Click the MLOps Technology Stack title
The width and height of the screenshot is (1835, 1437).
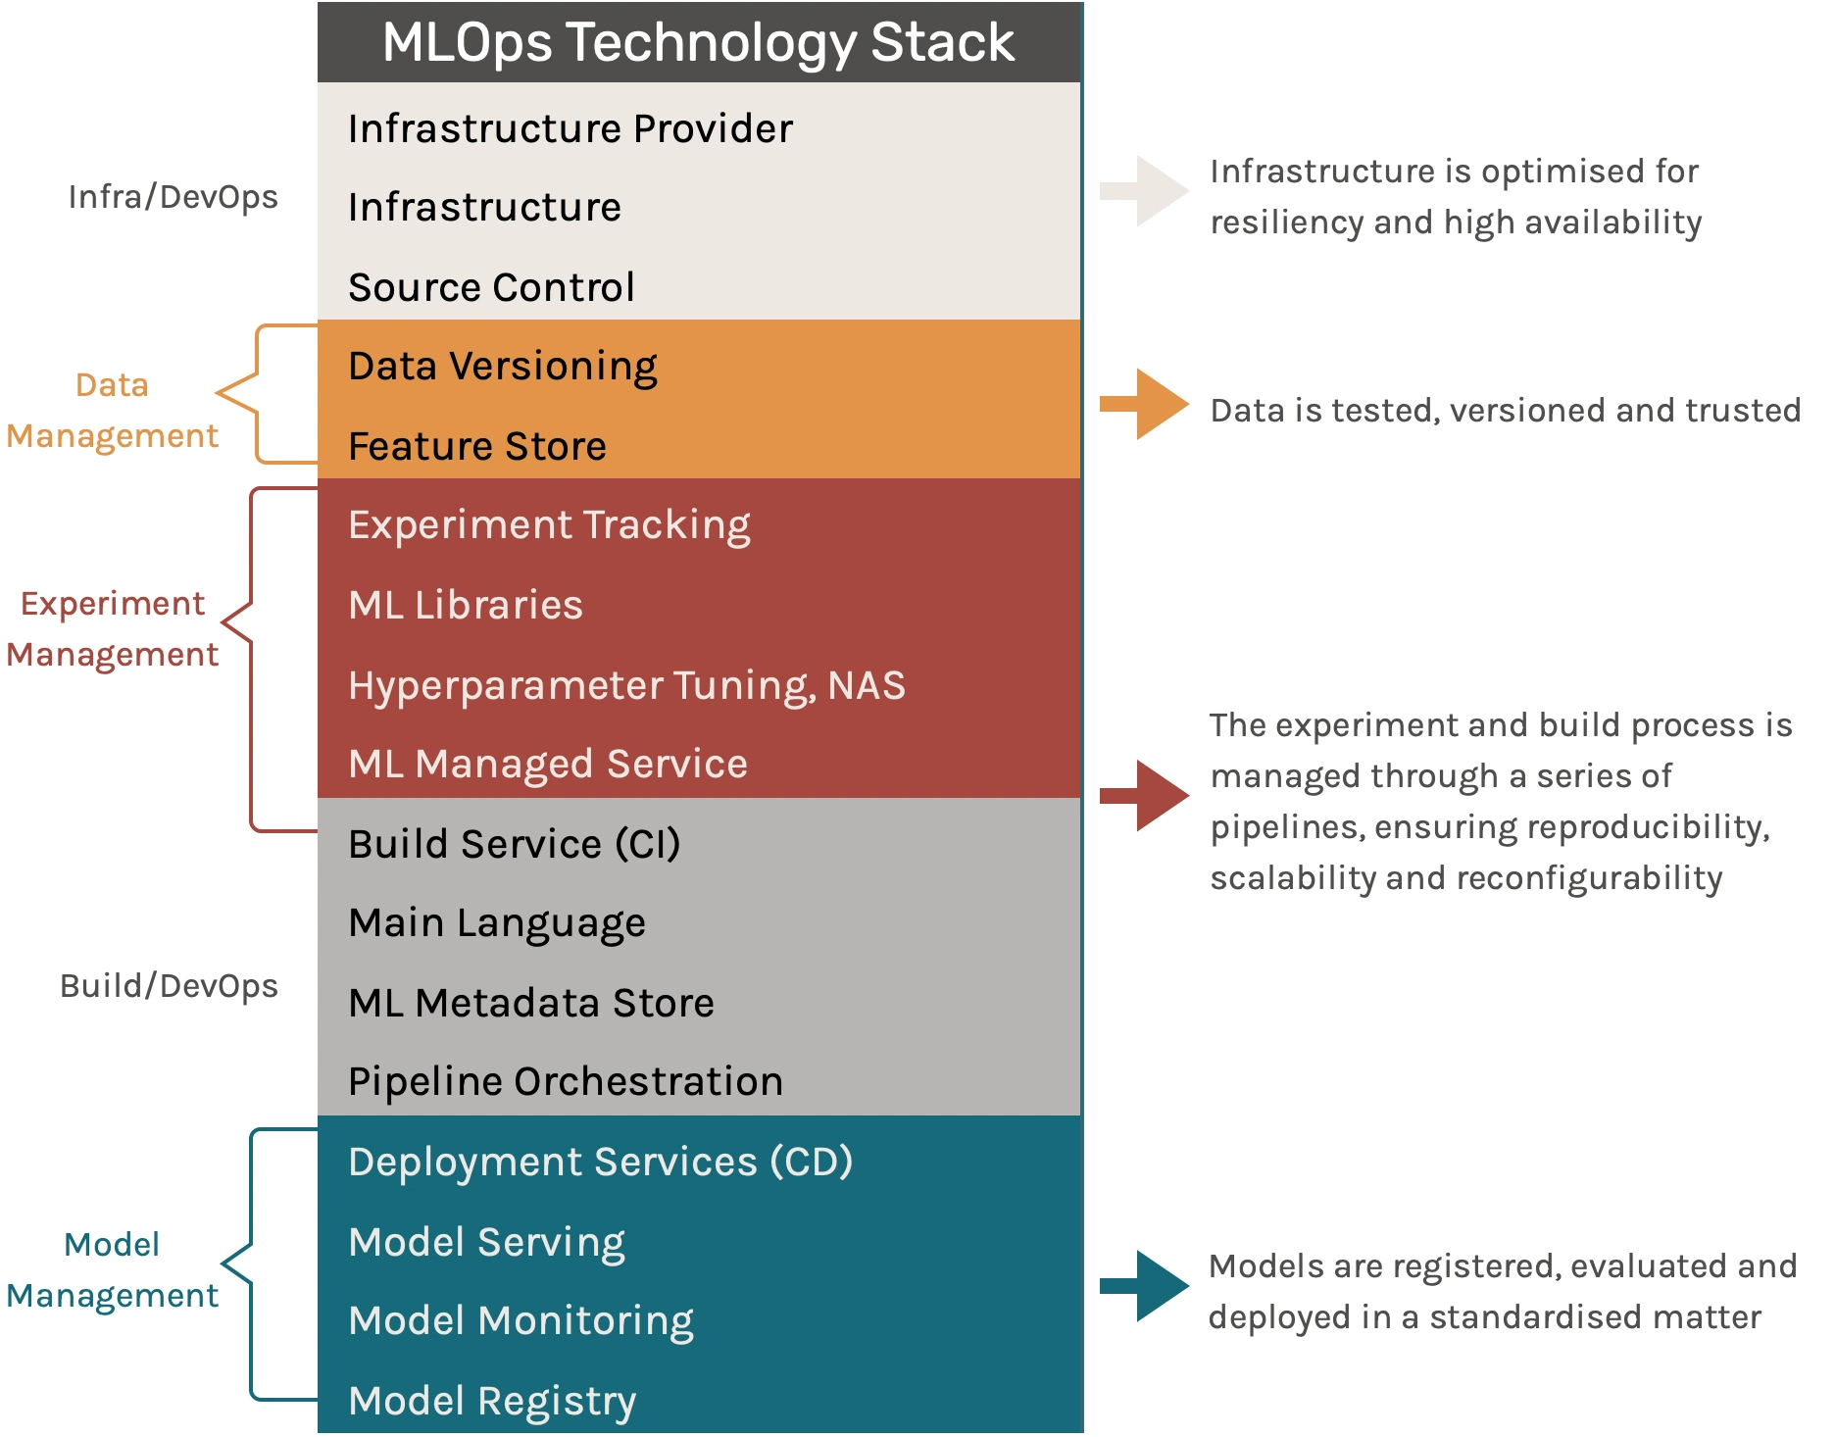[698, 43]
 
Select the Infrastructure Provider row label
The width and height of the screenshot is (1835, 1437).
[570, 128]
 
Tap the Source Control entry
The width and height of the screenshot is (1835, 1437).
[491, 287]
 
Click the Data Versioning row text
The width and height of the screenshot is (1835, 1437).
[503, 368]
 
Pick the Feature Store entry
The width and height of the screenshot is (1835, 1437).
[477, 446]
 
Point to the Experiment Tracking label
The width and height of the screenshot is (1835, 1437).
[549, 526]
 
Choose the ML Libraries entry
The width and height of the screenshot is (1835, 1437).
[466, 605]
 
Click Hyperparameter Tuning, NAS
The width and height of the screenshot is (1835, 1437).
[627, 686]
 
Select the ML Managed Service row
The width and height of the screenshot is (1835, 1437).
[548, 765]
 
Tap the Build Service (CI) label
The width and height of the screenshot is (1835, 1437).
[515, 844]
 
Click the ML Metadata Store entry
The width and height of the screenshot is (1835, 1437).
[531, 1003]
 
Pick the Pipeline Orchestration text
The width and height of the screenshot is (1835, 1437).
[566, 1082]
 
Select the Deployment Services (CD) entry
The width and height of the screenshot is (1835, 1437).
[601, 1162]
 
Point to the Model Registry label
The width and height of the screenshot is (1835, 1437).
[492, 1402]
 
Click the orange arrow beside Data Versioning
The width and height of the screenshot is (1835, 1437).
[1144, 404]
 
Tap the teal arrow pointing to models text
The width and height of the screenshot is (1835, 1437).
[1144, 1286]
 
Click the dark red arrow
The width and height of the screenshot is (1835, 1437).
[1144, 796]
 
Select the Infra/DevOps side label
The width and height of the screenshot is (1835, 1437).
[173, 197]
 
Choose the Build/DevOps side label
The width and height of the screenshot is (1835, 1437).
[169, 986]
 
